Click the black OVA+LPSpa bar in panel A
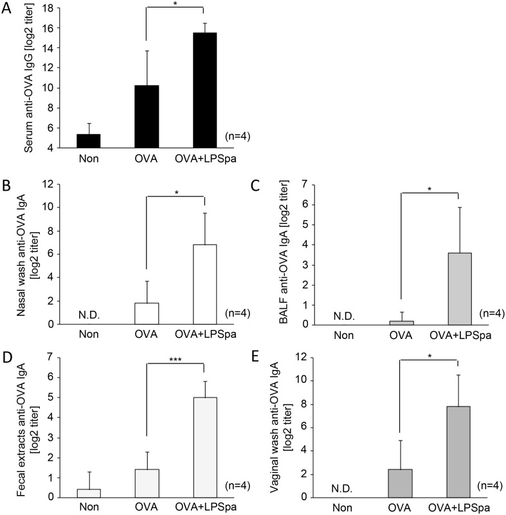pyautogui.click(x=203, y=91)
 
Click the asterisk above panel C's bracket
pyautogui.click(x=430, y=190)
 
